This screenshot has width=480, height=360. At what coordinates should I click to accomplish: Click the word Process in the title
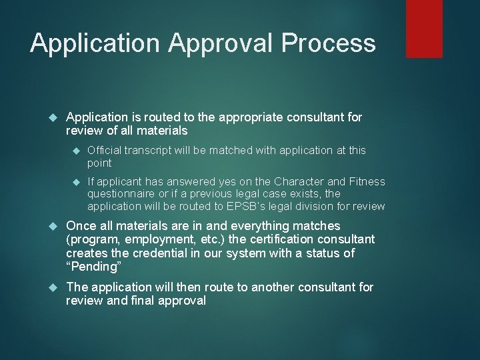pos(329,44)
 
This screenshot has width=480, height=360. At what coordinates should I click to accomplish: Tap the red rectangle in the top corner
pos(425,28)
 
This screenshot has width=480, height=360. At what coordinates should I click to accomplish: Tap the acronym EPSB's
pos(245,206)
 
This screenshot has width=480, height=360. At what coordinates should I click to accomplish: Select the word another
pos(272,287)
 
